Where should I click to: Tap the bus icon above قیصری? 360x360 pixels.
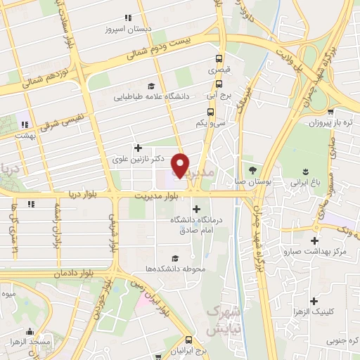(219, 59)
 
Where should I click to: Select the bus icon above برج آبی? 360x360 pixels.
(219, 84)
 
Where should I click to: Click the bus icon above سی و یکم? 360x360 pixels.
(211, 112)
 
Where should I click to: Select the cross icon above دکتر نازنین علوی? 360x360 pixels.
(138, 148)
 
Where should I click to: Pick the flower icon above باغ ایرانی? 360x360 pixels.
(306, 171)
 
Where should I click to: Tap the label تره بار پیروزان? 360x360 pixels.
(329, 123)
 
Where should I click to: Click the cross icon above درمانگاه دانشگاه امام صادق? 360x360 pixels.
(196, 208)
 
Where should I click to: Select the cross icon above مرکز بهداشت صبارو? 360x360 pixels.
(324, 238)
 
